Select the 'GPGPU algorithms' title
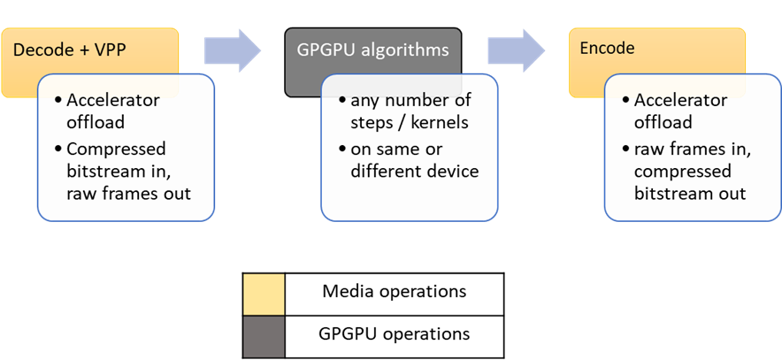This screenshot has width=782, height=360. (x=372, y=50)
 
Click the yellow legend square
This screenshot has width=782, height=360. (x=264, y=295)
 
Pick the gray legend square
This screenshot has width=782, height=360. (x=264, y=337)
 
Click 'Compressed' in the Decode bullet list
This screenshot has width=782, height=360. (x=116, y=148)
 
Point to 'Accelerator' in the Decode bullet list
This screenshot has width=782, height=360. (x=113, y=100)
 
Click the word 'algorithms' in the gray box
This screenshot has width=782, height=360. (x=410, y=50)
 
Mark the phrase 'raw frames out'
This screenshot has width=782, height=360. (x=128, y=194)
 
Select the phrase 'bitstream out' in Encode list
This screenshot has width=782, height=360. (x=689, y=194)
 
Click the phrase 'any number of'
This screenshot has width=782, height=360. (x=410, y=100)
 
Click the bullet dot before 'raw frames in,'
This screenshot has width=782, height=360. (x=625, y=148)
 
